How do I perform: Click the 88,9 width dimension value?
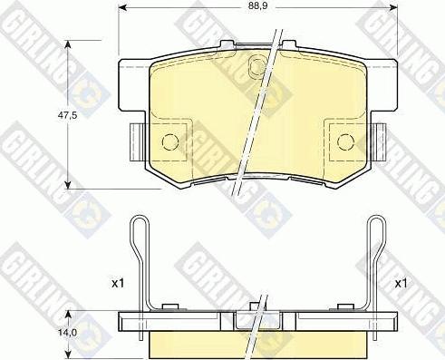pos(258,6)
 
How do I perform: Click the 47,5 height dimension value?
pos(67,115)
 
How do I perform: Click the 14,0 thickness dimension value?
pos(68,333)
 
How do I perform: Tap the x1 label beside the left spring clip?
pos(118,283)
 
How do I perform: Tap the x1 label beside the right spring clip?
pos(401,283)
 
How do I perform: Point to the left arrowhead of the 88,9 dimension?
pos(121,6)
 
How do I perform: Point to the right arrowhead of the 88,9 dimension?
pos(393,6)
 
